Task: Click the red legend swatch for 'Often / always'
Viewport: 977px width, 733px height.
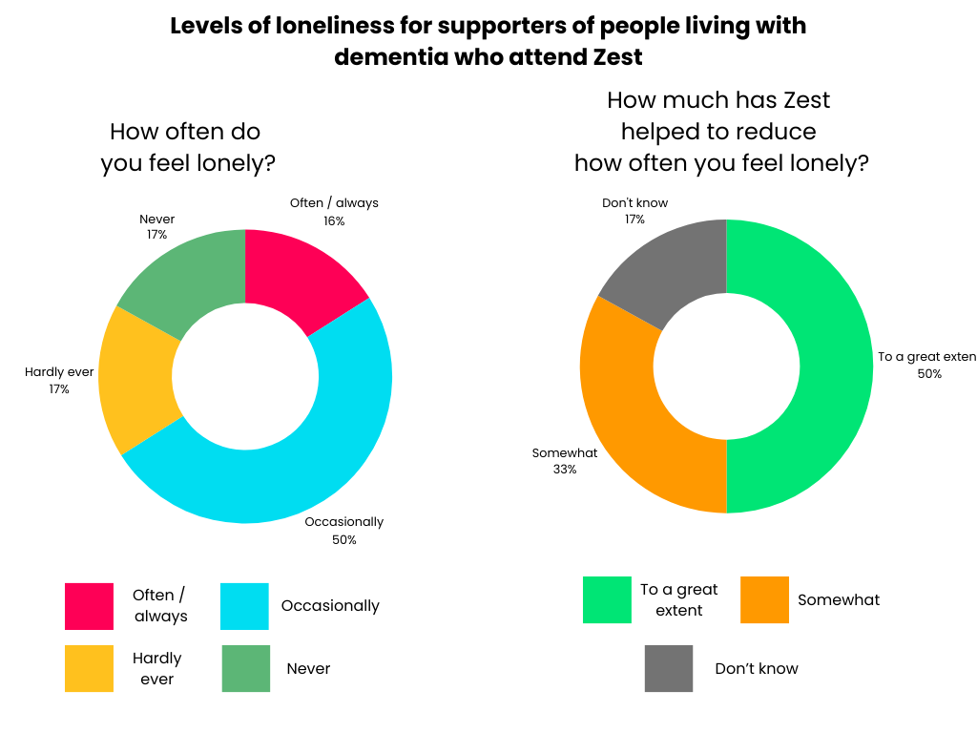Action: click(x=89, y=606)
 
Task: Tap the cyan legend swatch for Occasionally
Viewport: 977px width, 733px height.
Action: click(x=244, y=606)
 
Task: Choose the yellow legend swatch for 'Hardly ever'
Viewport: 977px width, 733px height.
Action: click(x=89, y=668)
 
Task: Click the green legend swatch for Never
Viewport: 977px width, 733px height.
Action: click(x=245, y=668)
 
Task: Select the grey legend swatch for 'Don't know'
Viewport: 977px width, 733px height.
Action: click(x=669, y=668)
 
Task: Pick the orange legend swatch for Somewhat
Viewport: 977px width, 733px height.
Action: click(x=764, y=599)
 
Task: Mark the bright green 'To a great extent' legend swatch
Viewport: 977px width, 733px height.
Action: click(x=607, y=599)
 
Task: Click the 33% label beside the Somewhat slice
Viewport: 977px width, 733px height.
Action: click(x=564, y=470)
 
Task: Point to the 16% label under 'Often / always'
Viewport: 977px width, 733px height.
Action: click(x=334, y=220)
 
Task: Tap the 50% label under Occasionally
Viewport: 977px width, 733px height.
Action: click(x=344, y=540)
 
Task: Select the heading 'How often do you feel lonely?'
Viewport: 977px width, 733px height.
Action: click(x=187, y=147)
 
